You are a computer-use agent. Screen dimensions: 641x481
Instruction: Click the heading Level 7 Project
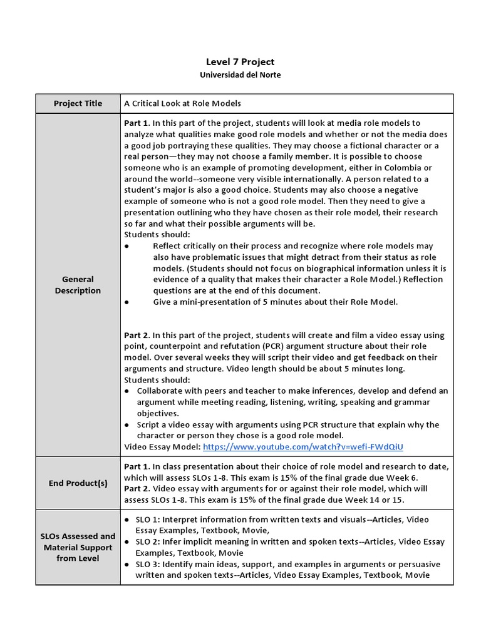click(x=240, y=61)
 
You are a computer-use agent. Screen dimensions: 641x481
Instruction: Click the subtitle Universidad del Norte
click(x=240, y=74)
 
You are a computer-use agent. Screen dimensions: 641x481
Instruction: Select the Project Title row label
click(x=78, y=103)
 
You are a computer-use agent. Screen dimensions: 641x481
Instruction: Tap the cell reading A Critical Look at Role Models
click(x=182, y=103)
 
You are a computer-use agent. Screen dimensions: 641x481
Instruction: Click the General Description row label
click(x=78, y=285)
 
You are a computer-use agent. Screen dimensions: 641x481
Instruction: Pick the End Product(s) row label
click(x=78, y=483)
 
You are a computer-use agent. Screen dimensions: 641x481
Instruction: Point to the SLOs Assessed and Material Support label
click(x=78, y=547)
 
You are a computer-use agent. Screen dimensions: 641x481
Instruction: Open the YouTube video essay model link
click(x=303, y=447)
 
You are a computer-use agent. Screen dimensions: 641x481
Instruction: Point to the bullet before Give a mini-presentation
click(x=127, y=302)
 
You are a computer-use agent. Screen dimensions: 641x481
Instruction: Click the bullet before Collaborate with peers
click(x=128, y=391)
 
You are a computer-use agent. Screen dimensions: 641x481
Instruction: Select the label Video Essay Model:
click(x=162, y=447)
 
